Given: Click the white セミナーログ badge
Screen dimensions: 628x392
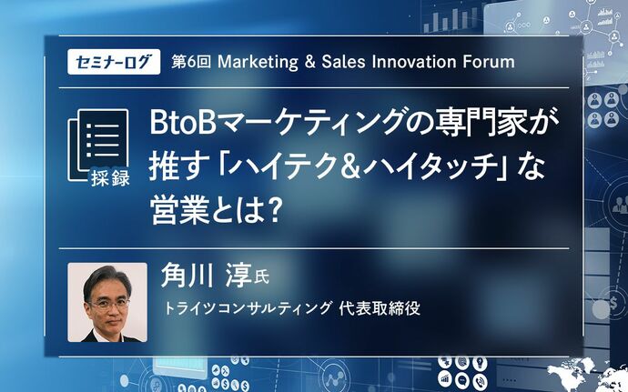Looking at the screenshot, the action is [x=114, y=62].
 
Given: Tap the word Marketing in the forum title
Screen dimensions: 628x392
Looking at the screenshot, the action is [x=258, y=62].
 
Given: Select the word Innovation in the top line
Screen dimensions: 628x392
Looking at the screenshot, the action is [x=414, y=62].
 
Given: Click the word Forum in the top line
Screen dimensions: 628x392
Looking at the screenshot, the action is [x=489, y=62].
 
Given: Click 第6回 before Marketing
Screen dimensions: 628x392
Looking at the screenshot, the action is [x=191, y=62].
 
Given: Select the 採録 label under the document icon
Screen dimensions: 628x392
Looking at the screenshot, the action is [x=110, y=177].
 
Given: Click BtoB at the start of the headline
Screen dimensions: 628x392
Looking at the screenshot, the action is [x=180, y=124].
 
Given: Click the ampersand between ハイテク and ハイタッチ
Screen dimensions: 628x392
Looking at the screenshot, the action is [x=351, y=167].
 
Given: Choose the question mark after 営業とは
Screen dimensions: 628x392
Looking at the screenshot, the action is [x=273, y=211].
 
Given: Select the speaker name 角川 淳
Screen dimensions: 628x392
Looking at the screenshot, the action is [x=206, y=276].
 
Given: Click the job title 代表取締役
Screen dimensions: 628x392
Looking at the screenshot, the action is [x=380, y=308].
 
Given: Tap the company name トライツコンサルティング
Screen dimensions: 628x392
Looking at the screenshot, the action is [x=248, y=308].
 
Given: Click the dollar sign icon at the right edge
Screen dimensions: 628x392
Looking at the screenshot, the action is [x=613, y=304].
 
